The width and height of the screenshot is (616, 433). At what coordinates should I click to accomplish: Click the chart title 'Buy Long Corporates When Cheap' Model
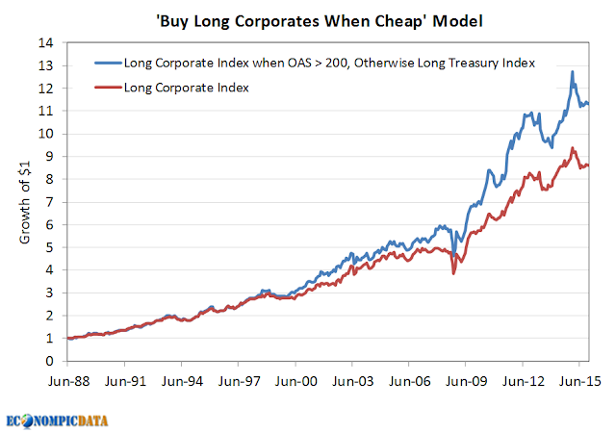pos(320,21)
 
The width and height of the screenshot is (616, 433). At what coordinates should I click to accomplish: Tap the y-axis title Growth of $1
pos(25,203)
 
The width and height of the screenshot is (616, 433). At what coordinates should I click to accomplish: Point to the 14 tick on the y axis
pos(45,42)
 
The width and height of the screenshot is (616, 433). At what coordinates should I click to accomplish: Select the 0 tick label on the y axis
pos(49,361)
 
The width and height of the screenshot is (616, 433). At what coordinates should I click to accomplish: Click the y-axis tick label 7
pos(49,202)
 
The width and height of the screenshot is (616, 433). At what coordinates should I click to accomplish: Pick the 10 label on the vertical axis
pos(45,134)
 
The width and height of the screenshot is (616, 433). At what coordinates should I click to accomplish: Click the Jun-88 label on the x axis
pos(68,381)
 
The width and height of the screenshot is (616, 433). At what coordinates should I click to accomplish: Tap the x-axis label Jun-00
pos(295,381)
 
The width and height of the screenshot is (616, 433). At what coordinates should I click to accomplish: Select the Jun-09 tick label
pos(466,381)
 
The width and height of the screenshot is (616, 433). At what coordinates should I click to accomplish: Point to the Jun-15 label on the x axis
pos(579,381)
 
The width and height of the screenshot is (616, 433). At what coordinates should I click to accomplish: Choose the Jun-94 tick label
pos(182,381)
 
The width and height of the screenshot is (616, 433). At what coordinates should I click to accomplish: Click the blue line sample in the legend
pos(108,63)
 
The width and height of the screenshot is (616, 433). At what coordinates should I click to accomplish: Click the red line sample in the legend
pos(108,88)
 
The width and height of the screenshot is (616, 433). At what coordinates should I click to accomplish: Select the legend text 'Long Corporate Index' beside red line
pos(187,88)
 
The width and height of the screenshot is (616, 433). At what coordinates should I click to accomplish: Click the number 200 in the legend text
pos(336,63)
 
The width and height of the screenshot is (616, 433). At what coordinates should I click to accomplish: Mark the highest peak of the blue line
pos(573,71)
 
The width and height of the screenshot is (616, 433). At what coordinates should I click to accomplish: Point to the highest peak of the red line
pos(573,148)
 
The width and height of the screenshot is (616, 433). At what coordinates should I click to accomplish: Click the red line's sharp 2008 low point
pos(453,273)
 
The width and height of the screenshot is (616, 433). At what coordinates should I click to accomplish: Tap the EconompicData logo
pos(57,421)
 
